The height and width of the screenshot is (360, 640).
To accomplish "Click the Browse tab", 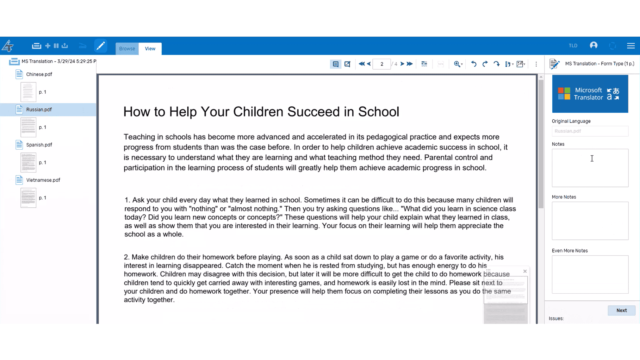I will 127,49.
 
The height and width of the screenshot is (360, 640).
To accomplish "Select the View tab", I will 150,49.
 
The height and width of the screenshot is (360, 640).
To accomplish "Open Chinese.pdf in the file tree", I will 39,74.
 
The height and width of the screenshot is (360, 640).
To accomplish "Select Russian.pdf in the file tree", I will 39,110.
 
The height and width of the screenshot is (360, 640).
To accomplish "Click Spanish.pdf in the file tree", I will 39,145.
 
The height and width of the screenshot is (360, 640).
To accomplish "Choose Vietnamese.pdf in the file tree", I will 43,180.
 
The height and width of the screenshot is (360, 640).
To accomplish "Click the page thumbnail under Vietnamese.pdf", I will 28,198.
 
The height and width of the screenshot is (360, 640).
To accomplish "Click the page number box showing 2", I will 382,64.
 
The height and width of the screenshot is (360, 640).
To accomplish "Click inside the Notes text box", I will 590,168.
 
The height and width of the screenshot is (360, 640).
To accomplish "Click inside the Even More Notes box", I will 590,274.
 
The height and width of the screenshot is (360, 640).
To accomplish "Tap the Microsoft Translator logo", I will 590,94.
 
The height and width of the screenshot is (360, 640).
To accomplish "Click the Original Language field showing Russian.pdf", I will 590,131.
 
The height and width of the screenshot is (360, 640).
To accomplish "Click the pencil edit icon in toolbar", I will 100,46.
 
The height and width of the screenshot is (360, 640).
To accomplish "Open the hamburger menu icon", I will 631,46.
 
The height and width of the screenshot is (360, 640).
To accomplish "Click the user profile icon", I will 594,45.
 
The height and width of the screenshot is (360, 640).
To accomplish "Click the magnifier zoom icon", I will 457,64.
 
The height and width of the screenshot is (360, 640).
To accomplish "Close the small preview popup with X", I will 525,271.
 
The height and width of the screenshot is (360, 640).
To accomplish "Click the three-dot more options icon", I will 536,64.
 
